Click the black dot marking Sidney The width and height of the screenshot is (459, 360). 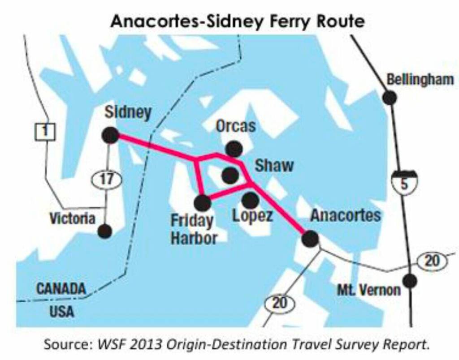(x=110, y=135)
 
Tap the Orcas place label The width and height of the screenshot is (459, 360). (x=236, y=126)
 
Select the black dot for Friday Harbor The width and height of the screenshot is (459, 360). (x=202, y=203)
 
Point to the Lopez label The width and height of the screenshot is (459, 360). (x=252, y=216)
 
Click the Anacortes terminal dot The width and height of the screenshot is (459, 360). (x=310, y=238)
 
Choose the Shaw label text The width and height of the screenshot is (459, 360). (x=274, y=166)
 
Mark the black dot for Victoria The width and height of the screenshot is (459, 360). (x=104, y=231)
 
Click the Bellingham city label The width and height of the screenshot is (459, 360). (x=420, y=80)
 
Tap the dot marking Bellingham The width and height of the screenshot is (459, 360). (x=390, y=97)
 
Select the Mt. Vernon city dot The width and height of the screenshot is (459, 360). (x=409, y=281)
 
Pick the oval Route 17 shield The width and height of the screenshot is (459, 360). (x=106, y=180)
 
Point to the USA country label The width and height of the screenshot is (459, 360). (x=62, y=311)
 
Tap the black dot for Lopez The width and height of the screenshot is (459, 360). (x=250, y=200)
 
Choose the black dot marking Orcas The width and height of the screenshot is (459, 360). (x=234, y=148)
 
